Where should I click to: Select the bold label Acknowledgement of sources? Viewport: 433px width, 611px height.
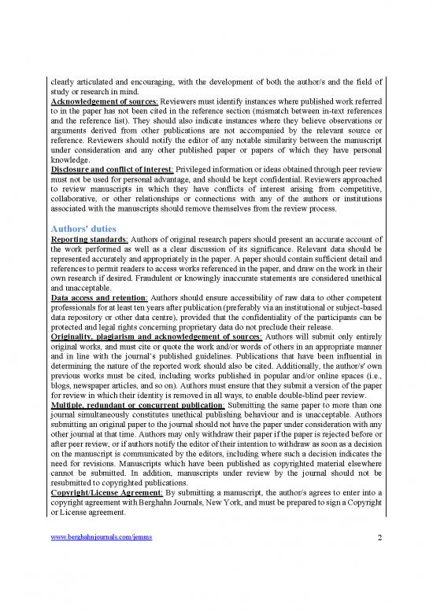tap(98, 101)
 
